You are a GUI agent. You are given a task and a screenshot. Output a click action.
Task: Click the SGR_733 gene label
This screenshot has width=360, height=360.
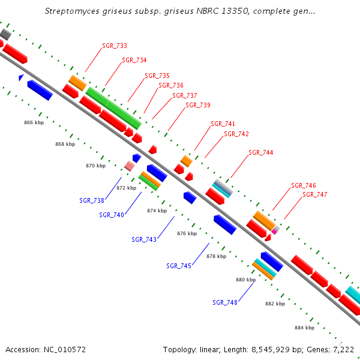click(x=115, y=46)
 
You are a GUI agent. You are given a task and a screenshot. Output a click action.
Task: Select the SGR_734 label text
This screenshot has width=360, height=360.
click(x=134, y=60)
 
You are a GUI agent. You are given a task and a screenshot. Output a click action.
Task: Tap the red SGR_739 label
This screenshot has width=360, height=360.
click(x=198, y=105)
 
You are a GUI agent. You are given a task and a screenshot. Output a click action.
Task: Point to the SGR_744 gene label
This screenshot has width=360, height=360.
click(x=261, y=152)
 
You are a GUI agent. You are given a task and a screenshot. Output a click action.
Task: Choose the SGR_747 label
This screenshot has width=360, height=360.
click(x=315, y=194)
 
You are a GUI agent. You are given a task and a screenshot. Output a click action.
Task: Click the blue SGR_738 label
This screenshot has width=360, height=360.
click(x=92, y=200)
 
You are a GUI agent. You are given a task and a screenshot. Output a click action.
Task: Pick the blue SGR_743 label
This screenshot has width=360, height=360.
click(x=144, y=239)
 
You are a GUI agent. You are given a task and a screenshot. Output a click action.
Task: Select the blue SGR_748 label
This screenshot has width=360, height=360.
click(x=225, y=302)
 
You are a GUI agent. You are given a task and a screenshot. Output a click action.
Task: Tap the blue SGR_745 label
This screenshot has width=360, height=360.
click(x=179, y=266)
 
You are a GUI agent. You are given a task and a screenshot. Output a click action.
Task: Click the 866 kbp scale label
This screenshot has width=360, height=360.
click(x=34, y=122)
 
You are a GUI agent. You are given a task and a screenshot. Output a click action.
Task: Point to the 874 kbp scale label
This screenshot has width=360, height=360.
click(x=157, y=211)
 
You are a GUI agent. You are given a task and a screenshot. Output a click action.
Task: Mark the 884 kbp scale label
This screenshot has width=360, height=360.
click(x=304, y=328)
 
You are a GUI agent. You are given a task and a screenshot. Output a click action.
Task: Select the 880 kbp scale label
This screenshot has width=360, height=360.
click(x=245, y=280)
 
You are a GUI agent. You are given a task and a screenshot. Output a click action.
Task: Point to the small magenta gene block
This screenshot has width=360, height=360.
click(x=275, y=230)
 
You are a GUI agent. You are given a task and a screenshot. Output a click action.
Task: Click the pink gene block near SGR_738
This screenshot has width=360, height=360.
click(x=129, y=166)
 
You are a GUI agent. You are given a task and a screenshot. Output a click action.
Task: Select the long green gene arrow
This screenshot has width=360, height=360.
click(x=113, y=108)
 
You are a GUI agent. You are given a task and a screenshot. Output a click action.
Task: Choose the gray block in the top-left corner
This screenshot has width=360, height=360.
click(x=5, y=34)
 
